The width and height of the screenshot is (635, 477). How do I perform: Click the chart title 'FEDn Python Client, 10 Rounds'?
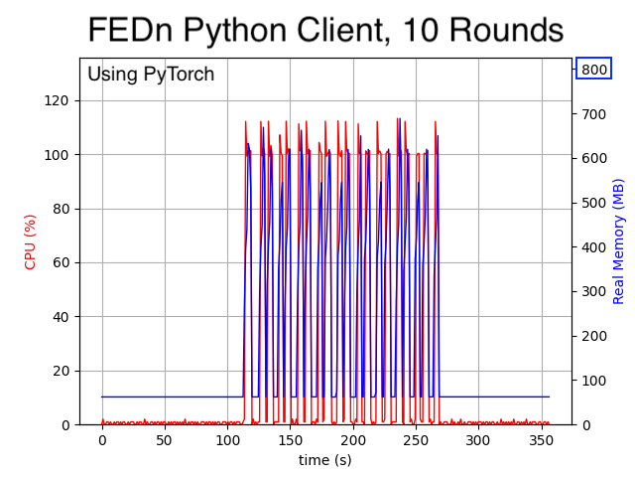[325, 30]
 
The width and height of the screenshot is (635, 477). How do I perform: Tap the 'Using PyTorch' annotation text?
[151, 75]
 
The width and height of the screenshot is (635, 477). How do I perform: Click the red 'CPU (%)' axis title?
[31, 241]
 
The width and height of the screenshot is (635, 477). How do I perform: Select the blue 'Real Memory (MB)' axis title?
[619, 241]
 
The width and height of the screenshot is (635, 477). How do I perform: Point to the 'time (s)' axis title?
[325, 460]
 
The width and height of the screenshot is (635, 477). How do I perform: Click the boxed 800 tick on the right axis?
[593, 70]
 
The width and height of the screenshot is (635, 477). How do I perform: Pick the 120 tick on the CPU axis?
[58, 100]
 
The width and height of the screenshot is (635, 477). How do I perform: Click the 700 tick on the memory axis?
[593, 114]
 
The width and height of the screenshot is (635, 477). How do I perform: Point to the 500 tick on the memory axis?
[593, 203]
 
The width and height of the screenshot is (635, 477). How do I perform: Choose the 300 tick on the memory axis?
[593, 291]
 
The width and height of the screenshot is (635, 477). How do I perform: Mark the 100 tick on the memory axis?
[593, 381]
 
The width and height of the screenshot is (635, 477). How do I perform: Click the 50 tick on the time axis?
[165, 440]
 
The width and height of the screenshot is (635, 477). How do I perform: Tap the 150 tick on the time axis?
[290, 440]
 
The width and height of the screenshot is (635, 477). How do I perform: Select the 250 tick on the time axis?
[416, 440]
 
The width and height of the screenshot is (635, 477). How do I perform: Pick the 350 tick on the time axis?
[541, 440]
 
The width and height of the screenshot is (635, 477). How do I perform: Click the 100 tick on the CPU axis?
[58, 155]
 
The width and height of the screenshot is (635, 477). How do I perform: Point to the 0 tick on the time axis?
[102, 440]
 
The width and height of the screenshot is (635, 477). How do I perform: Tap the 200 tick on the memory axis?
[593, 336]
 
